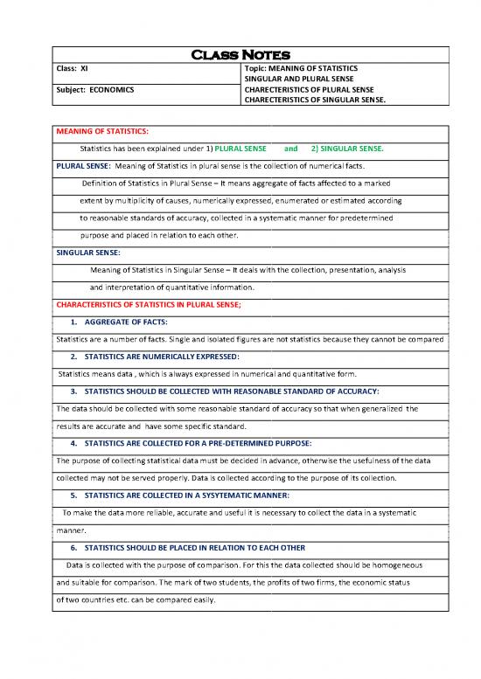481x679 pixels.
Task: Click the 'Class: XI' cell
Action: (72, 67)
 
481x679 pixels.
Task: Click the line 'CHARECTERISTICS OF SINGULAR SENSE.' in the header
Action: (316, 109)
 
